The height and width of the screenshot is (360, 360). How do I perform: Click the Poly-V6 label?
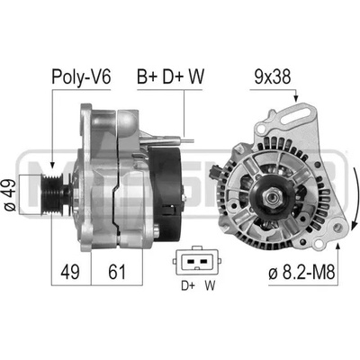coord(81,76)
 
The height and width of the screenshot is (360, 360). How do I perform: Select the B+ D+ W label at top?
coord(170,76)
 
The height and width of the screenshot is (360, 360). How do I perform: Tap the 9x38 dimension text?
coord(273,76)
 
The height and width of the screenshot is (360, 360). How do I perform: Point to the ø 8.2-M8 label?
coord(301,273)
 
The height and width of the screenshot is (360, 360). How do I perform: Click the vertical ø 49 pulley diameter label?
coord(10,195)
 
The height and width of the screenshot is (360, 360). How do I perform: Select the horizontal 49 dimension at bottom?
coord(70,272)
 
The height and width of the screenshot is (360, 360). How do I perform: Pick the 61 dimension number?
coord(117,272)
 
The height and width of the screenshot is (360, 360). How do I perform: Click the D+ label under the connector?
coord(188,285)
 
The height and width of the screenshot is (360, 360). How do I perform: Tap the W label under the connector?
coord(210,285)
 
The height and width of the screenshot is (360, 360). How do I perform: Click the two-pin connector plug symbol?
coord(196,261)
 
